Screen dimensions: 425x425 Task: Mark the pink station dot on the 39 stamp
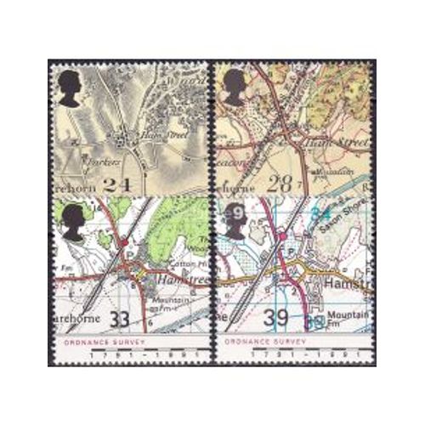pyautogui.click(x=280, y=236)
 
